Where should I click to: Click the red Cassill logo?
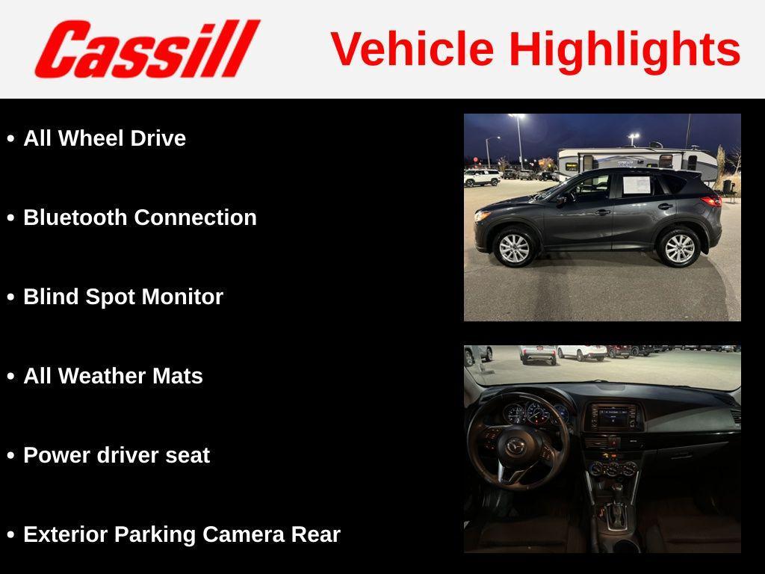tap(146, 49)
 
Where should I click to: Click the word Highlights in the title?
tap(625, 49)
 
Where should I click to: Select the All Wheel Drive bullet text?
tap(105, 138)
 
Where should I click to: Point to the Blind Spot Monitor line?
tap(123, 297)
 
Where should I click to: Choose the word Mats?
tap(178, 376)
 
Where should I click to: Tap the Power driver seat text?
tap(117, 455)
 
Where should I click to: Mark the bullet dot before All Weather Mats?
tap(10, 377)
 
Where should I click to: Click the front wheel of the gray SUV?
tap(514, 248)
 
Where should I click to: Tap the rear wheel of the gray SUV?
tap(679, 248)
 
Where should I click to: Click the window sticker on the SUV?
tap(637, 185)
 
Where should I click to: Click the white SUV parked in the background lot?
tap(482, 177)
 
